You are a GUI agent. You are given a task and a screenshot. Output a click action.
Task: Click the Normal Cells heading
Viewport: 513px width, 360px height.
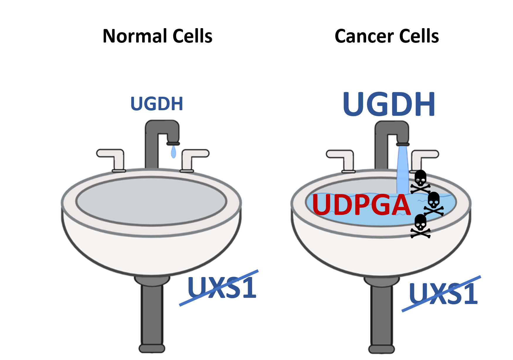pos(157,36)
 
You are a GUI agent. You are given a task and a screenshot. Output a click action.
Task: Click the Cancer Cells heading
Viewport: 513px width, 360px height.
pos(387,36)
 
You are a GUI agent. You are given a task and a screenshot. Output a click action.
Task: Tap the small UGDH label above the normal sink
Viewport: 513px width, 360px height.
pos(157,104)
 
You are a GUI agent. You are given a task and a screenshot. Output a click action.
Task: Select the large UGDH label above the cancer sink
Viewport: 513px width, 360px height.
pos(389,104)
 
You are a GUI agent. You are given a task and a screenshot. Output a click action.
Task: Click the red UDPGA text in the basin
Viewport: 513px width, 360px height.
pos(361,205)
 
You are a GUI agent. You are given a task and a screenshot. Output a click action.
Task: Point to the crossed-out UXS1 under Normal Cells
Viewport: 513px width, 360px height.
pos(222,288)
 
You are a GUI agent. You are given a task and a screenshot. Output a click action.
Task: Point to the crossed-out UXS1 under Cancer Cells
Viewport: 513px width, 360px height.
pos(443,293)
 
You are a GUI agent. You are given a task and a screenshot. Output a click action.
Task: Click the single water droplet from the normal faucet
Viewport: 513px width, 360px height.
pos(174,152)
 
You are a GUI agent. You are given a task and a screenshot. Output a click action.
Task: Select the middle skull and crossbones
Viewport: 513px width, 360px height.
pos(434,203)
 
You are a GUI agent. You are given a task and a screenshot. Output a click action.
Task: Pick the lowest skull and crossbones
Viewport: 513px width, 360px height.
pos(420,226)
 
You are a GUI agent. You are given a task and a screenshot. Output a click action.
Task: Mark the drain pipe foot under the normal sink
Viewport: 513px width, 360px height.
pos(152,348)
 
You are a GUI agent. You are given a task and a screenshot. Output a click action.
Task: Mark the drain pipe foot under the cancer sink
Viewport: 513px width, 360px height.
pos(381,349)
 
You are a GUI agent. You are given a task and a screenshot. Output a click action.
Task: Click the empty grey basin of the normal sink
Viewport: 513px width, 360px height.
pos(151,201)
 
